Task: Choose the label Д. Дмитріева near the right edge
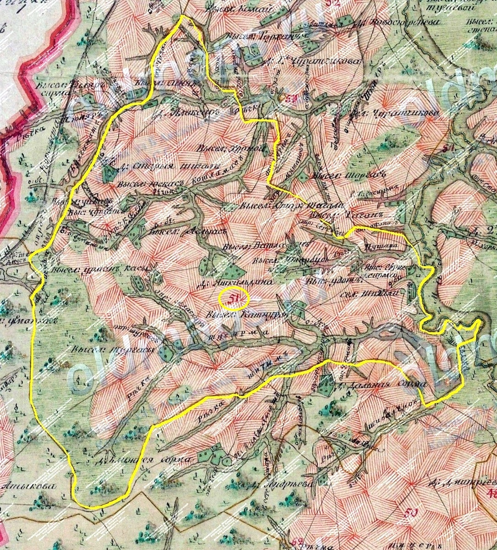(x=463, y=483)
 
